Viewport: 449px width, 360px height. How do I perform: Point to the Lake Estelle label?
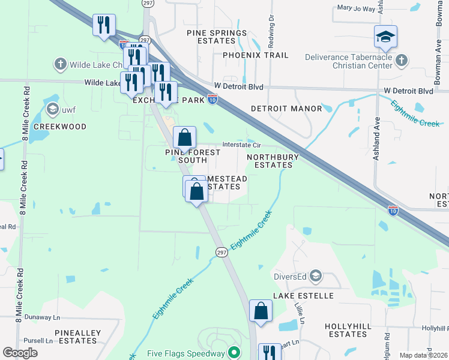(x=303, y=296)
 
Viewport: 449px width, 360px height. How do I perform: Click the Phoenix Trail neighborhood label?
(x=255, y=55)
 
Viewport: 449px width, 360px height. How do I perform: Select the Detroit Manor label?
(x=282, y=109)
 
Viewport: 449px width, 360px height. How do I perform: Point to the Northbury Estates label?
(x=270, y=160)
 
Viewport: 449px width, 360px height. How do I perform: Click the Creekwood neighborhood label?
(x=60, y=127)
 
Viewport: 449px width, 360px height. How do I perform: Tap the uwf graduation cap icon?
(x=52, y=109)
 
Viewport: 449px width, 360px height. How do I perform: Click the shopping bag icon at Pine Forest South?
(x=185, y=137)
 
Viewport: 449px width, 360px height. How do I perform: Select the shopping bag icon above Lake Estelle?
(x=261, y=311)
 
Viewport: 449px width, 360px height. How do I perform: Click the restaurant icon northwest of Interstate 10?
(x=104, y=25)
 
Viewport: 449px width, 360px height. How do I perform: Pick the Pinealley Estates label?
(x=76, y=336)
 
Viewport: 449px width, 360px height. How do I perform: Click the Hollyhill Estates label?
(x=346, y=329)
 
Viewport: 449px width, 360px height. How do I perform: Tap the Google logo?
(x=20, y=353)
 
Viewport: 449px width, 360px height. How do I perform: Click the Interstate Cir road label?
(x=241, y=145)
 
